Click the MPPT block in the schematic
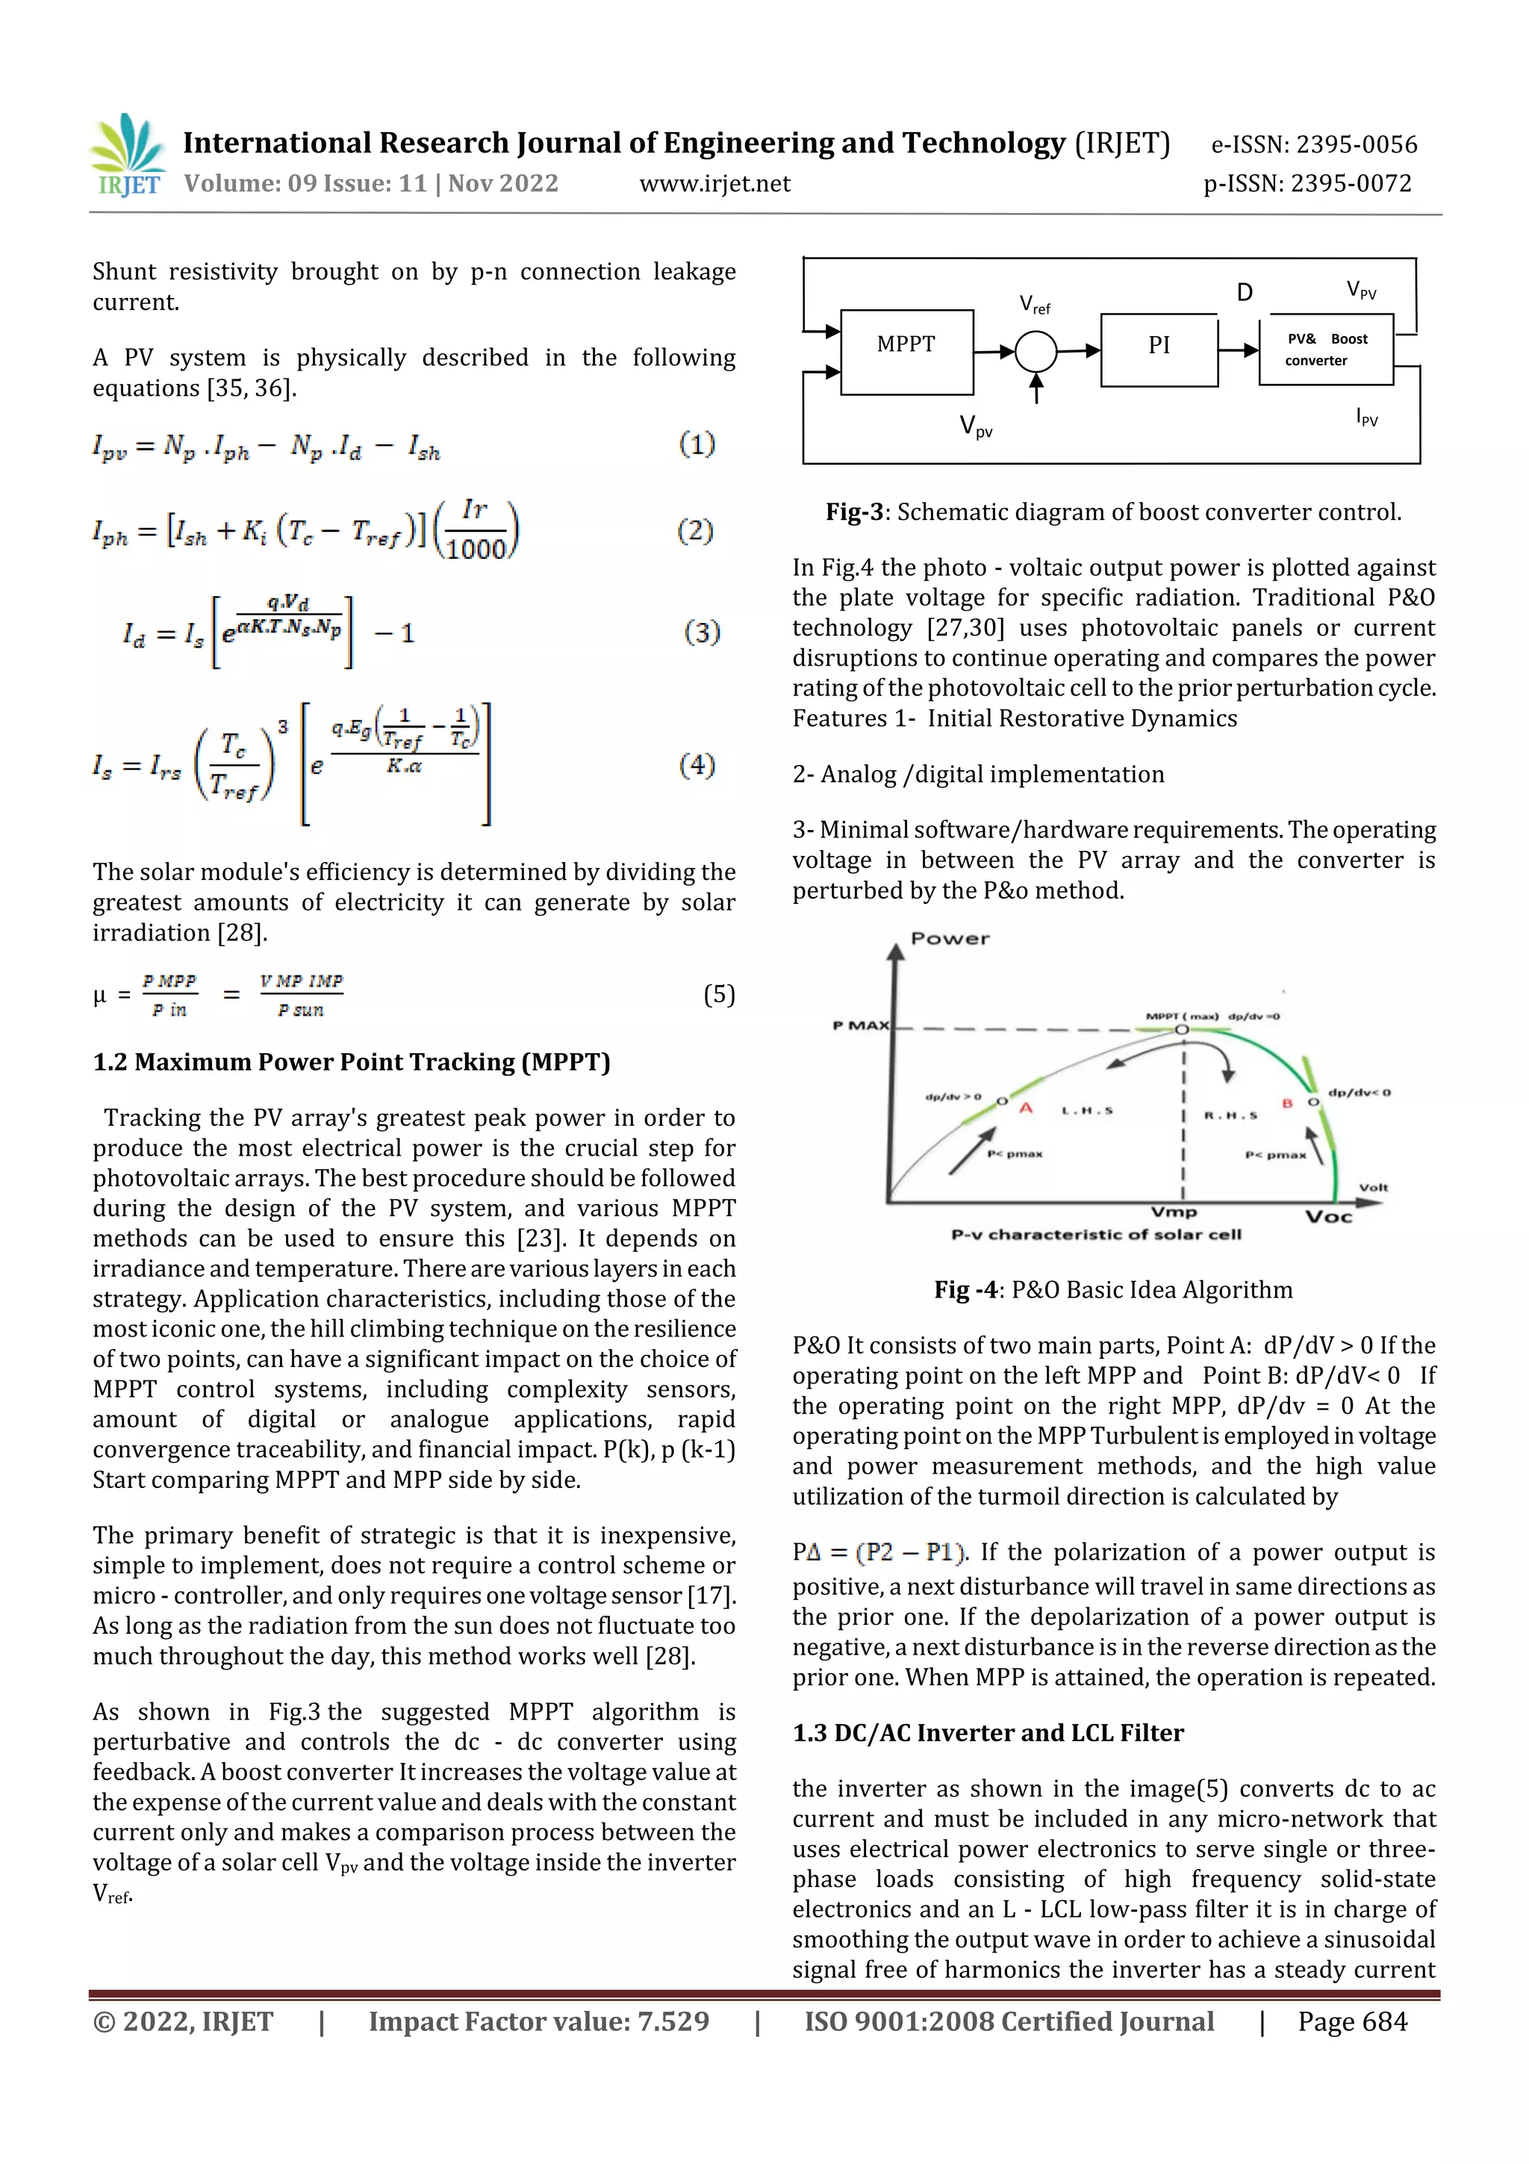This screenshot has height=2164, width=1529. (x=906, y=350)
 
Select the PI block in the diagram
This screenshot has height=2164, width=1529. (x=1158, y=350)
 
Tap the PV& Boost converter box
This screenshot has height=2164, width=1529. (x=1325, y=350)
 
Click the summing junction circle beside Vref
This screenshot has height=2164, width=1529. (x=1036, y=352)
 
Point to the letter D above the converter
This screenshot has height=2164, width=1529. (x=1244, y=293)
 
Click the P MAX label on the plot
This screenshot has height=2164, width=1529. (x=860, y=1026)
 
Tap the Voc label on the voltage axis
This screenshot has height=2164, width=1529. (x=1328, y=1217)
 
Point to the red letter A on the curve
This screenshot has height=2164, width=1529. (x=1026, y=1109)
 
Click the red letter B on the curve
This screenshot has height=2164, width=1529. (x=1287, y=1103)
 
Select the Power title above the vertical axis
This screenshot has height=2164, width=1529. (x=950, y=939)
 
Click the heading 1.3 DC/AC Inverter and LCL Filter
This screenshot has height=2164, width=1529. (x=987, y=1732)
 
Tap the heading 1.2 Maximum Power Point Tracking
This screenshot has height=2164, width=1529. (x=352, y=1062)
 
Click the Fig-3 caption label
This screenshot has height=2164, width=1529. (x=855, y=512)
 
